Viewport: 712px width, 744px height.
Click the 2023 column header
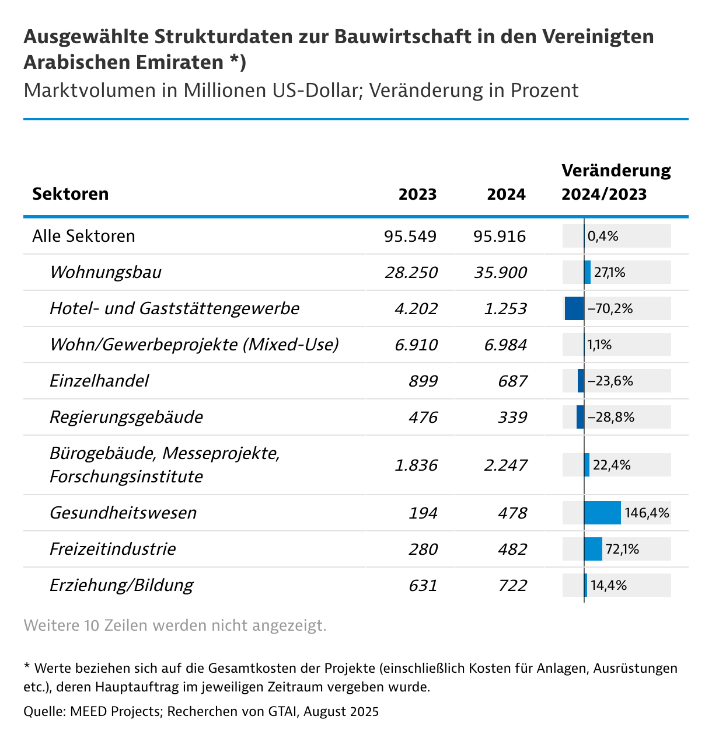[x=417, y=194]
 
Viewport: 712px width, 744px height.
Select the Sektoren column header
[x=70, y=194]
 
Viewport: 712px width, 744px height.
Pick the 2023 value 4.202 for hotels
[x=416, y=308]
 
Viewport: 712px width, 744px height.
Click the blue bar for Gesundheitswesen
[x=602, y=513]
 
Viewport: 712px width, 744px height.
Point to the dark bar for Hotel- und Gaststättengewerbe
[x=574, y=308]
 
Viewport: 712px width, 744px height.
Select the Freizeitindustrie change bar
[x=593, y=549]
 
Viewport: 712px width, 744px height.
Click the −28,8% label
[x=610, y=417]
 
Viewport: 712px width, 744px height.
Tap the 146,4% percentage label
[x=647, y=513]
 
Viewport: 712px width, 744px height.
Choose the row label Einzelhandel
[x=99, y=381]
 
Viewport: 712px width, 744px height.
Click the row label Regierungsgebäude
[x=126, y=417]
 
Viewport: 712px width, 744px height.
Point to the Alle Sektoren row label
[x=83, y=236]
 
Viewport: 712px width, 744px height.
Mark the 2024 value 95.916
[x=500, y=236]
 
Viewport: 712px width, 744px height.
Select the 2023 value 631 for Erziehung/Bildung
[x=424, y=585]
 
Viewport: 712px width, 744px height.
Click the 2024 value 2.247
[x=505, y=465]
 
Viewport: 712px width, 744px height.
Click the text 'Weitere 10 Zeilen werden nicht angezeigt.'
[x=174, y=625]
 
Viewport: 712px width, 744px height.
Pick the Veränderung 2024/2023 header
[x=616, y=182]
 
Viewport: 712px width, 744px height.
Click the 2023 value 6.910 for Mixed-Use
[x=416, y=345]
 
